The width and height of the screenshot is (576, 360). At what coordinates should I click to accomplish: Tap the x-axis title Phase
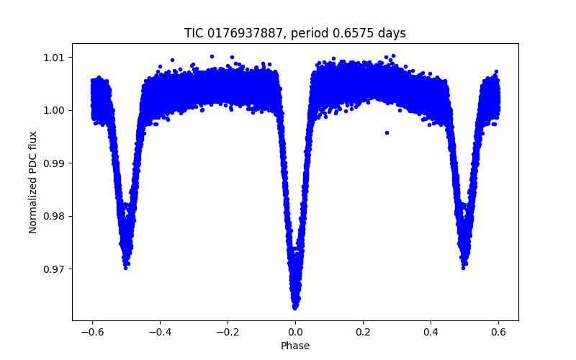295,346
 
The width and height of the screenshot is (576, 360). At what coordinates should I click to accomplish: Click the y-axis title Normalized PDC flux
33,181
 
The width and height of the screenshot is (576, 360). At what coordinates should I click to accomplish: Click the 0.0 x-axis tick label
295,331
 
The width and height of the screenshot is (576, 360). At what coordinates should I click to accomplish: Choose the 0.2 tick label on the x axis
363,331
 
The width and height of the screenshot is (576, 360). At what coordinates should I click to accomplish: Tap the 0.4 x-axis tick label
431,331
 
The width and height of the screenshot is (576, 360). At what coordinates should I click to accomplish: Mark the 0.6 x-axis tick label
498,331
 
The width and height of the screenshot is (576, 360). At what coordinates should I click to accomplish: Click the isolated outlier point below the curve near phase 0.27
387,132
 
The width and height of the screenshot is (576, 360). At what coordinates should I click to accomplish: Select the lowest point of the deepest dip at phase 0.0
295,307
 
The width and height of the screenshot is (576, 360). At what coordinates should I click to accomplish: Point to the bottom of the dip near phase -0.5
126,267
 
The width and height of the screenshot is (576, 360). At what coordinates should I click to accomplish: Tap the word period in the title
322,33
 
